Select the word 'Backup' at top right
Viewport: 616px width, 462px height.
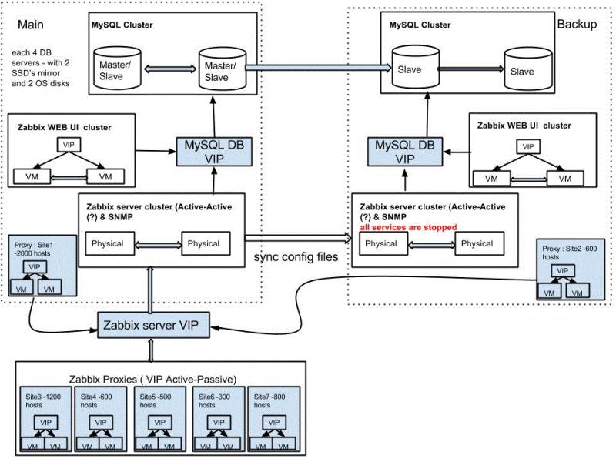tap(577, 24)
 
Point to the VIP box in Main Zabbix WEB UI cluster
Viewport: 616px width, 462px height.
tap(66, 145)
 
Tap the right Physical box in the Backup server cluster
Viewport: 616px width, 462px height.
tap(477, 244)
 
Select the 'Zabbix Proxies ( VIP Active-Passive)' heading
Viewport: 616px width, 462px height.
tap(129, 379)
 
